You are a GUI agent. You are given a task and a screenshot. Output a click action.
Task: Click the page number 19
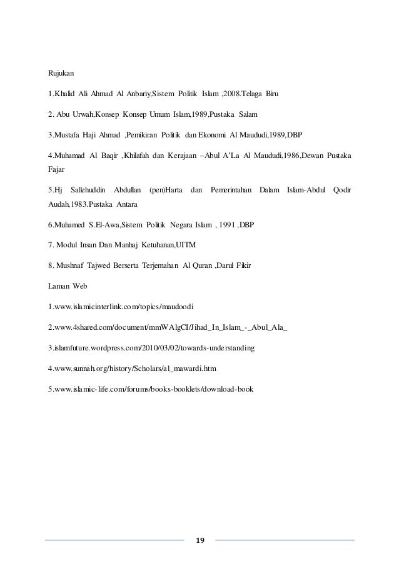pyautogui.click(x=199, y=540)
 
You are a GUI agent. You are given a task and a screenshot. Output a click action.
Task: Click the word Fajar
pyautogui.click(x=57, y=169)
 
